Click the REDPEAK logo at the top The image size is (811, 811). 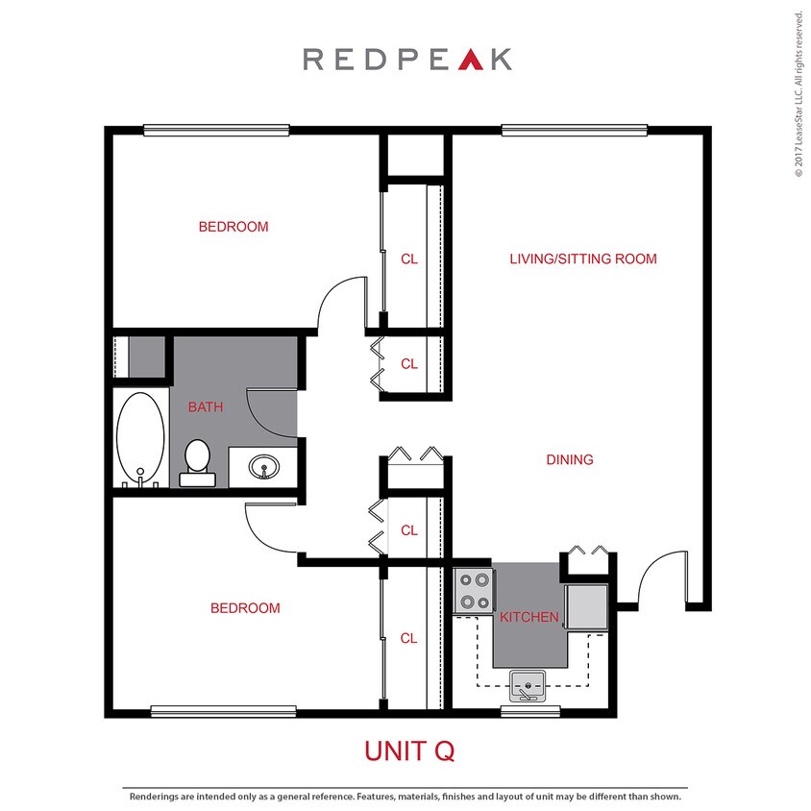click(406, 60)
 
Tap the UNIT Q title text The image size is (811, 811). click(408, 750)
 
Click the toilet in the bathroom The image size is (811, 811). click(197, 459)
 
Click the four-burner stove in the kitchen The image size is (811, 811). click(474, 591)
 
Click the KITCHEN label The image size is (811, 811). click(528, 617)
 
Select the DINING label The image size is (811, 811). click(570, 459)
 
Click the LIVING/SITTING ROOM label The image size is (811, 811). click(582, 258)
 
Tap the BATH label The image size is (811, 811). click(206, 407)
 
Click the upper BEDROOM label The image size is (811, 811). click(233, 228)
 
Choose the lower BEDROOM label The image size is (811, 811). click(245, 608)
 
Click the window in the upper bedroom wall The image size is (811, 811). click(216, 130)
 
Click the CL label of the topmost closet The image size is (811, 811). click(409, 258)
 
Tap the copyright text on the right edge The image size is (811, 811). click(798, 94)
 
